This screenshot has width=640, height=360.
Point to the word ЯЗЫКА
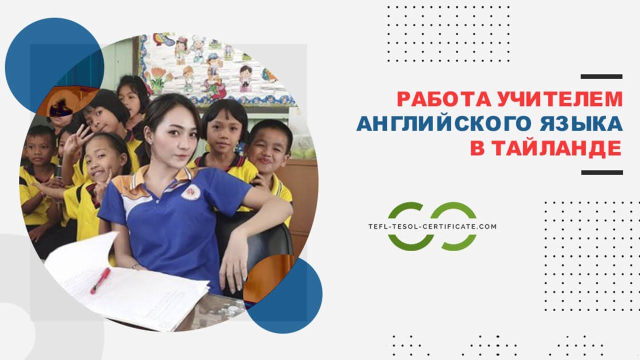click(581, 123)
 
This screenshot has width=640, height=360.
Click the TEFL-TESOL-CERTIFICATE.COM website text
click(432, 226)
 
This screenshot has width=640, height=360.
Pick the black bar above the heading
click(601, 76)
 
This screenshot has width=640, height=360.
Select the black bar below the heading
click(602, 172)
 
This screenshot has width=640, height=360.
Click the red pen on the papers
click(100, 280)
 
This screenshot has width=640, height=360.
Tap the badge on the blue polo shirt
click(191, 192)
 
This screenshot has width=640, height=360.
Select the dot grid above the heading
click(448, 33)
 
